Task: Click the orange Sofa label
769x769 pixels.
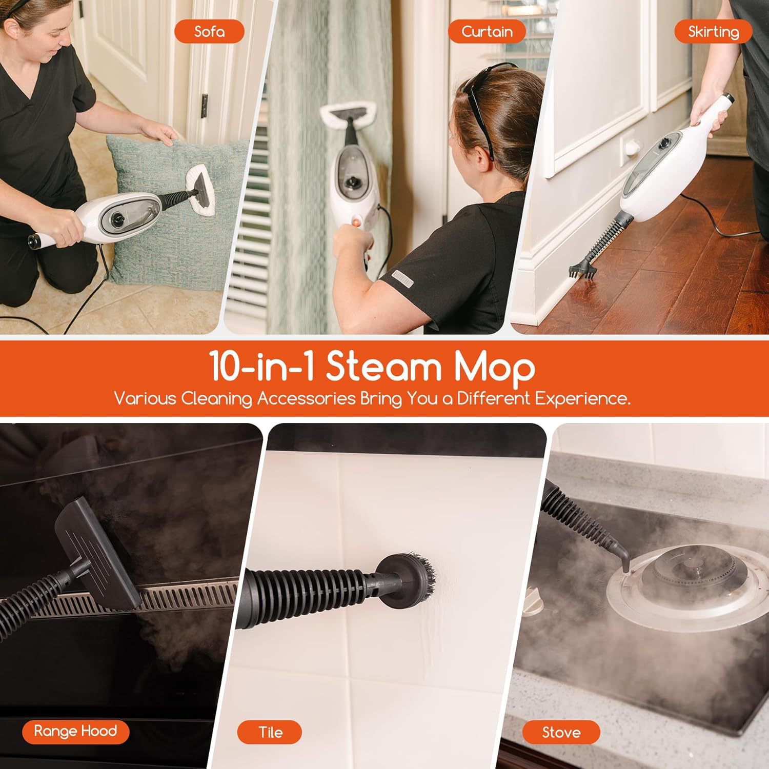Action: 209,32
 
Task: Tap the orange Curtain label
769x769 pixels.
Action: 487,32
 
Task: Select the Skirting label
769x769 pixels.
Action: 713,32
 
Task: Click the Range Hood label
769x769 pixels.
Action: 75,731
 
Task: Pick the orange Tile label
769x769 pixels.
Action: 270,732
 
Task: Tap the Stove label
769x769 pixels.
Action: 561,732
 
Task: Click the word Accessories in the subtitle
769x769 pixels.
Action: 306,399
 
